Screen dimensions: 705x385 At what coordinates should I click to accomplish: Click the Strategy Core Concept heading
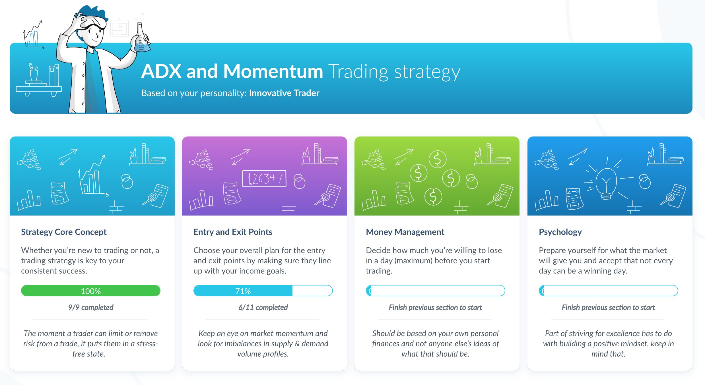coord(64,232)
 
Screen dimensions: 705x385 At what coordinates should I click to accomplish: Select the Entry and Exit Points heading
coord(233,232)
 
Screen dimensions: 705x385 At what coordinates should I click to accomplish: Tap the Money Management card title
coord(405,232)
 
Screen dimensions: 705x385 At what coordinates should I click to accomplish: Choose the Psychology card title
coord(560,232)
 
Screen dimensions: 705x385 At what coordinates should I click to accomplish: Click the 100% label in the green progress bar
coord(91,291)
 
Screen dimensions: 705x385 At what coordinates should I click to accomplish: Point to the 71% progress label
coord(243,291)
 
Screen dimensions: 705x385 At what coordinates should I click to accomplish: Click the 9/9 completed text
coord(90,307)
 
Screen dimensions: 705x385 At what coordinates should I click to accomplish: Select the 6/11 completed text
coord(263,307)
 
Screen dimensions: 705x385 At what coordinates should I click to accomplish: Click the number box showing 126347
coord(264,179)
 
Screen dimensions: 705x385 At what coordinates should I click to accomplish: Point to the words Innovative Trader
coord(284,93)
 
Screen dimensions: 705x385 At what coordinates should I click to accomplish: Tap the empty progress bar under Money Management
coord(435,291)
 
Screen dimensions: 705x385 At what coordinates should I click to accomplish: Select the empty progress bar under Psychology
coord(608,291)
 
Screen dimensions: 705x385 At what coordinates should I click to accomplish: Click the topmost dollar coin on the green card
coord(437,159)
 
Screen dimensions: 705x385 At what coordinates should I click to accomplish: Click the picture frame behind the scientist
coord(119,28)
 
